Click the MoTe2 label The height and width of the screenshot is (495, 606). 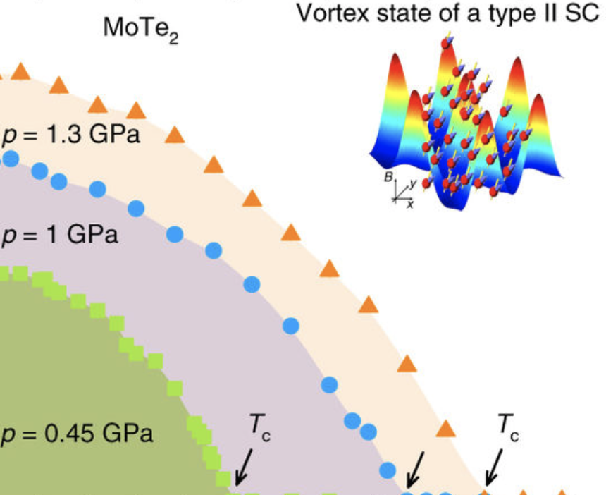point(141,30)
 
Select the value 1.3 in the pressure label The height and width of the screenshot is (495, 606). point(63,134)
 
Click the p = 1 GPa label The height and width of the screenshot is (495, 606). point(59,234)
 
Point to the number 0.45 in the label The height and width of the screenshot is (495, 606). point(70,433)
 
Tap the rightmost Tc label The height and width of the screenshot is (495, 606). point(508,427)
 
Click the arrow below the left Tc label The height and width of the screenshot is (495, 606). point(244,468)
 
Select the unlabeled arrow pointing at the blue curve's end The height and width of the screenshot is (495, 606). point(416,470)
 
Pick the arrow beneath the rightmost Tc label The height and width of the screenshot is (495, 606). point(494,468)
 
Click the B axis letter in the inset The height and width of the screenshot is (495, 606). point(388,177)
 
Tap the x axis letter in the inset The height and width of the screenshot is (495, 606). point(409,204)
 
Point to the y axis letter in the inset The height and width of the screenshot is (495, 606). point(413,184)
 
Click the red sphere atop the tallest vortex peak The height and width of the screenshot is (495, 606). point(446,43)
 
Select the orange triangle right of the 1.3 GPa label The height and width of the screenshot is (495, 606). point(175,135)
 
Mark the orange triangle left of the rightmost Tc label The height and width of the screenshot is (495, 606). point(445,429)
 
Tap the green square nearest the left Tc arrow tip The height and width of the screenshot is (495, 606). point(223,478)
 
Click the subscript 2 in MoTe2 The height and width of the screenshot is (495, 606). point(173,39)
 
